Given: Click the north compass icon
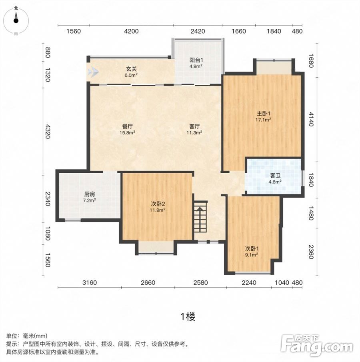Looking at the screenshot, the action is coord(16,20).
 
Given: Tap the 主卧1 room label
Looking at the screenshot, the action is coord(263,114).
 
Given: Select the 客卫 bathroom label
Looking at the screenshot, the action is coord(275,176).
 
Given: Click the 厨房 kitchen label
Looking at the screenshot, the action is coord(90,194).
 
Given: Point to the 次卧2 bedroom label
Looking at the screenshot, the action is coord(158,204).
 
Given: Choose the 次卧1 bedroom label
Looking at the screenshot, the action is coord(252,249).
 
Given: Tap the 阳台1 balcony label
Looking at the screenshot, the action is coord(196,60).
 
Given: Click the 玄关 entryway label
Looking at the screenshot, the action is coord(131,69).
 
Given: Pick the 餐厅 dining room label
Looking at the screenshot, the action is coord(127,126).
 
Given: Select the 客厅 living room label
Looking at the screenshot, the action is coord(194,126).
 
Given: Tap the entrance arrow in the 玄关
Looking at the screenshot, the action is coord(93,72).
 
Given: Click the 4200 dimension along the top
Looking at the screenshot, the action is coord(131,31).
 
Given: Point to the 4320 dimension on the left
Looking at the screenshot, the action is coord(48,131).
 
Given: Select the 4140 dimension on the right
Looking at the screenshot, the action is coord(311,119).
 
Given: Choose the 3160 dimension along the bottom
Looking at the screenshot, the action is coord(90,282).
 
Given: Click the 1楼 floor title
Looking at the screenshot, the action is coord(188,316).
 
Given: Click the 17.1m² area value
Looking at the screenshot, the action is coord(263,120).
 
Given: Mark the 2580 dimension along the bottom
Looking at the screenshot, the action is coord(200,282).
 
